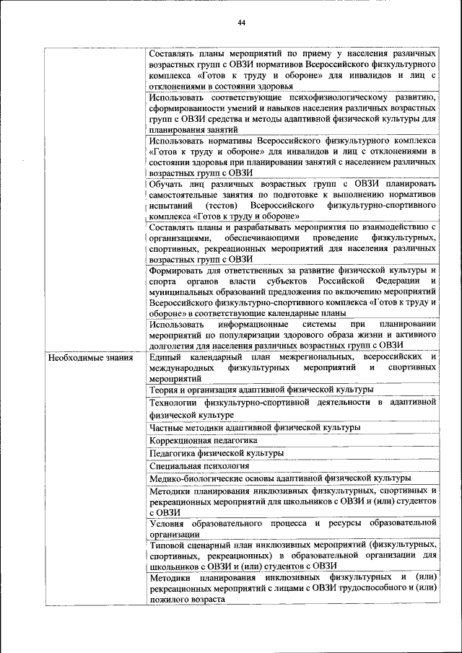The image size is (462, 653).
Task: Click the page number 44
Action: [x=242, y=23]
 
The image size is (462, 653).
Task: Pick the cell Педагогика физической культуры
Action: [x=217, y=453]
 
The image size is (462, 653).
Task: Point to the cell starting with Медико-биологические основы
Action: [x=280, y=478]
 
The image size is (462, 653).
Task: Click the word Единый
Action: [x=165, y=358]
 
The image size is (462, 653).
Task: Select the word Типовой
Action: [x=167, y=545]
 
